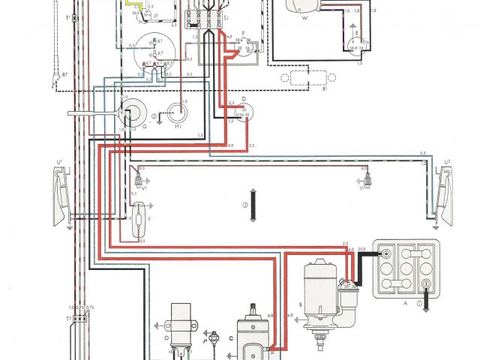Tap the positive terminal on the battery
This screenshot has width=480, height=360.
point(385,254)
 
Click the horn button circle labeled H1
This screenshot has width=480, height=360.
point(180,112)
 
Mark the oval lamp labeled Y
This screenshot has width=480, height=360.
point(139,220)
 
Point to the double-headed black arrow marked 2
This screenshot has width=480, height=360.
point(254,204)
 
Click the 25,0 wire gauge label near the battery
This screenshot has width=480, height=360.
point(362,247)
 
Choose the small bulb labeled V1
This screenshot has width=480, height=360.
point(138,180)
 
